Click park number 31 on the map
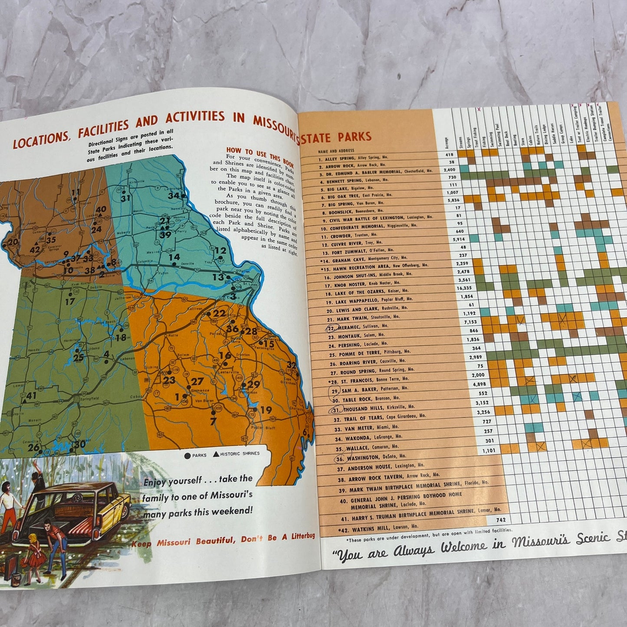[x=126, y=198]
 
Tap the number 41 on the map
[x=31, y=396]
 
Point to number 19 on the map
[x=266, y=410]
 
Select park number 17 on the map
[x=70, y=301]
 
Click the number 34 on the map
[x=174, y=195]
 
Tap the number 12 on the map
[x=220, y=250]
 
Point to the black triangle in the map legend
[x=216, y=454]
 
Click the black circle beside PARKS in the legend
[x=187, y=456]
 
